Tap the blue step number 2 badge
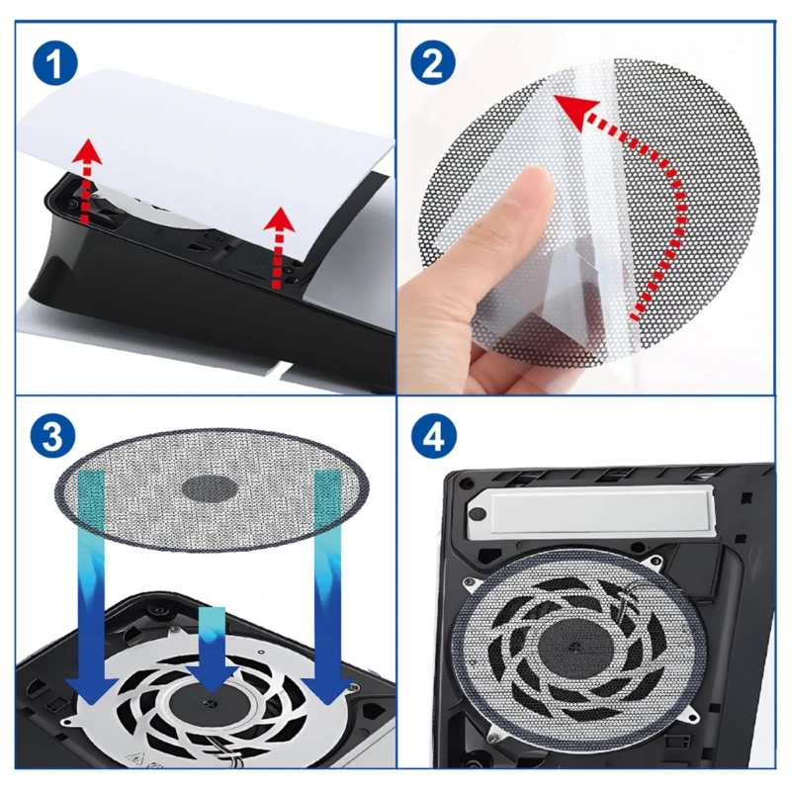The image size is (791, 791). tap(432, 64)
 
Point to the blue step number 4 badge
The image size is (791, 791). tap(432, 437)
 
